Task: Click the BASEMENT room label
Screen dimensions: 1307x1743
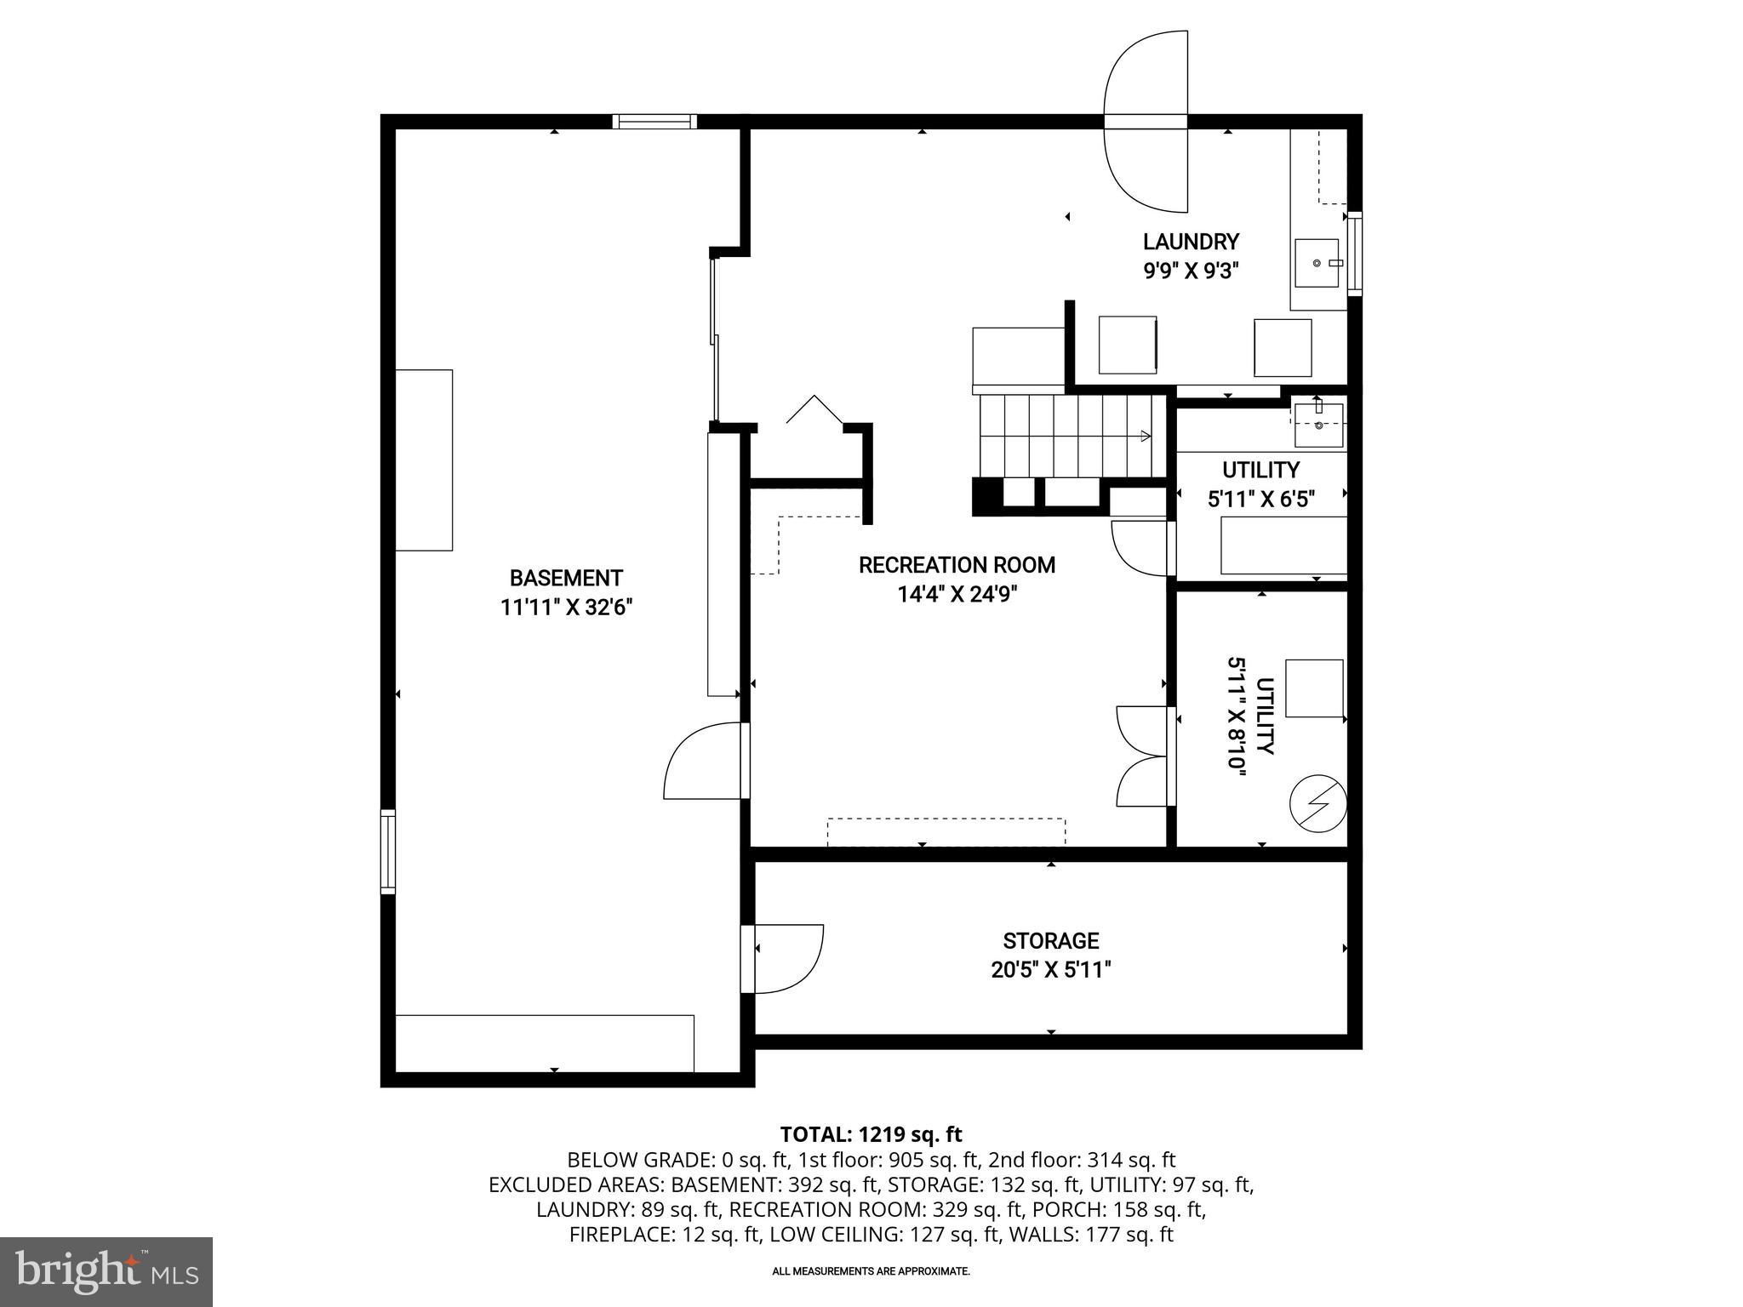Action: pos(566,579)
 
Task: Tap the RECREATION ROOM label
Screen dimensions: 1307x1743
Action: pos(957,565)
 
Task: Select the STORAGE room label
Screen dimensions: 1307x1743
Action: pos(1051,940)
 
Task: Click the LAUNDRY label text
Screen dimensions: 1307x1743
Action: pos(1190,242)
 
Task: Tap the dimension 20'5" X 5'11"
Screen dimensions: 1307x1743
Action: pos(1051,970)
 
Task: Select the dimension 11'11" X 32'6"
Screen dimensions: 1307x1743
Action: pos(566,608)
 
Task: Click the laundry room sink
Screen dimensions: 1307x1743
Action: pos(1317,264)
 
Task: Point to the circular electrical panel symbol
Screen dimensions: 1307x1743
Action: pos(1318,802)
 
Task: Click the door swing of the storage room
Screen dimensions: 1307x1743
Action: pos(787,957)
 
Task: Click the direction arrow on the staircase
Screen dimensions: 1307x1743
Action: pos(1145,437)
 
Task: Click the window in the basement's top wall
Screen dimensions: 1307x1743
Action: pos(654,122)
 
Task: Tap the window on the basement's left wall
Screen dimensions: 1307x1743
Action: pos(388,852)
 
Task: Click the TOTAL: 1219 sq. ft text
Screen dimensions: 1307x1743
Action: pos(871,1134)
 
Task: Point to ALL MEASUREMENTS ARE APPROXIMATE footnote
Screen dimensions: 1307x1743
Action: pos(871,1271)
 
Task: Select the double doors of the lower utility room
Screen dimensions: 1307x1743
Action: pos(1145,756)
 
